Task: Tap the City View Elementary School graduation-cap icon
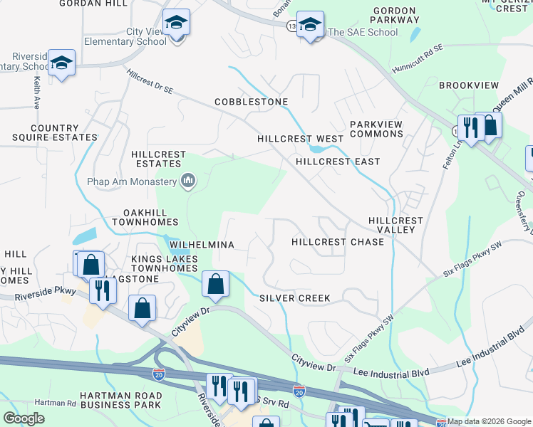pos(175,23)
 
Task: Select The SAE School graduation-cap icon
pos(310,24)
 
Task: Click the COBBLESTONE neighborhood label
pos(252,102)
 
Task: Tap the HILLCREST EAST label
pos(338,162)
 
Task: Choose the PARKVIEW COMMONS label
pos(376,129)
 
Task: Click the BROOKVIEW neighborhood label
pos(469,85)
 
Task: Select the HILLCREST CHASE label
pos(338,242)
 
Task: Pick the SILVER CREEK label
pos(294,298)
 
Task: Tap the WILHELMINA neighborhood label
pos(202,245)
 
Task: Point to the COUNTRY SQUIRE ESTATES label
pos(54,133)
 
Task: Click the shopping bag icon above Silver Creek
pos(215,284)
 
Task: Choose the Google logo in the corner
pos(24,418)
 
